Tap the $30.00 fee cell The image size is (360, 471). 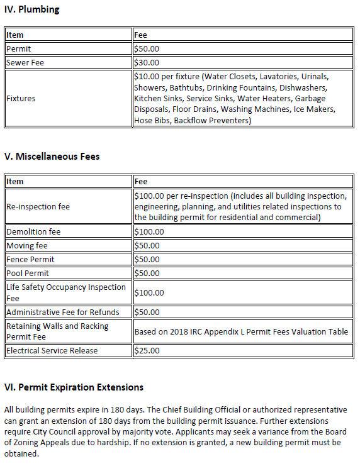147,62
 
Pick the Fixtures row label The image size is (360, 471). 21,99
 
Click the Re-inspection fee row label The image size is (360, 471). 38,206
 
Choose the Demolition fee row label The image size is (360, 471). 33,231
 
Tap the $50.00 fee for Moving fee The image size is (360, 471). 147,245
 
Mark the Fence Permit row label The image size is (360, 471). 30,259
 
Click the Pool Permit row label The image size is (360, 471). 28,273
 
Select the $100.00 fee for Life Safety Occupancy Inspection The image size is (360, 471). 149,292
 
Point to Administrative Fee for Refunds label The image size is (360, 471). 62,312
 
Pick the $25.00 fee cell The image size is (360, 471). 147,350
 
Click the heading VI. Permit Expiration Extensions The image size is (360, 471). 74,387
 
